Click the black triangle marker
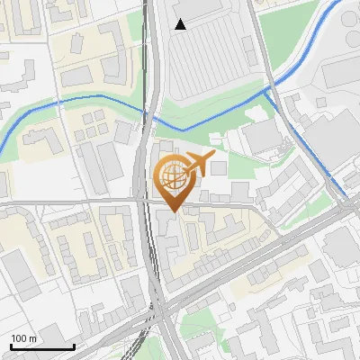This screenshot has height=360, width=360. click(x=181, y=24)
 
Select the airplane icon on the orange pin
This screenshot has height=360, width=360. click(x=199, y=164)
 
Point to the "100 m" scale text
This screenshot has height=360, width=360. click(x=23, y=337)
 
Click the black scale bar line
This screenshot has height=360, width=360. click(x=41, y=346)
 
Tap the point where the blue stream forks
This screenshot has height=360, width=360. click(x=268, y=90)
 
